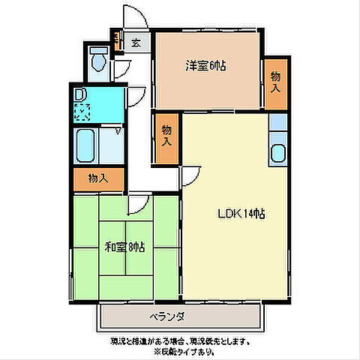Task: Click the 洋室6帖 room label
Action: [206, 65]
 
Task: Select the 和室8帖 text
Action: [124, 246]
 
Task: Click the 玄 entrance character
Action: [136, 43]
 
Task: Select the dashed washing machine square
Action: [82, 112]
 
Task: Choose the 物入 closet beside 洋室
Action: [275, 82]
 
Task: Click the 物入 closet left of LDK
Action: [166, 136]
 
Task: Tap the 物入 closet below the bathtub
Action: [97, 178]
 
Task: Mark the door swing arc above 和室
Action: [138, 205]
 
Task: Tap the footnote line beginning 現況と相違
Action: [180, 340]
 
